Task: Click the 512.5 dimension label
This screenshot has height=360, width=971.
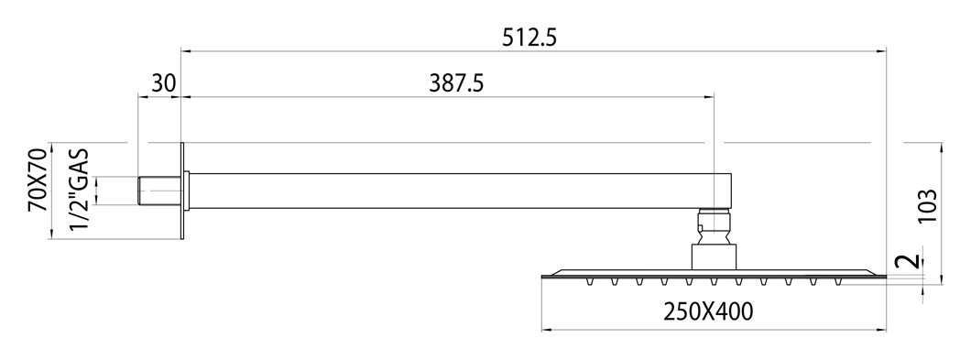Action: click(x=529, y=38)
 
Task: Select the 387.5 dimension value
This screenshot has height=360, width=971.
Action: click(x=456, y=83)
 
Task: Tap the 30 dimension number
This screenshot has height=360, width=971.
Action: click(x=163, y=83)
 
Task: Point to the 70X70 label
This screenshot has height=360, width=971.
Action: click(x=38, y=180)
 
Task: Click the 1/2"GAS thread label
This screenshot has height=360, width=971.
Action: click(x=80, y=190)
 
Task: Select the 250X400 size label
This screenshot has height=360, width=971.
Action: click(x=708, y=311)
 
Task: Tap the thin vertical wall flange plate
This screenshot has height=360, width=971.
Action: click(x=182, y=191)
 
